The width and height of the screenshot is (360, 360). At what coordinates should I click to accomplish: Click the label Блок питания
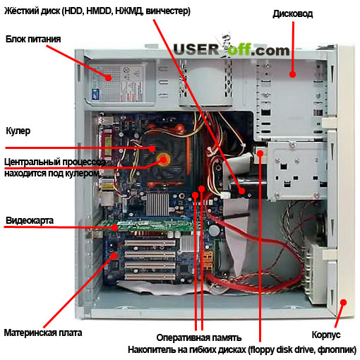click(x=33, y=39)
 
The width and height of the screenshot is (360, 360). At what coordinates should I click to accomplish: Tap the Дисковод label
click(x=293, y=14)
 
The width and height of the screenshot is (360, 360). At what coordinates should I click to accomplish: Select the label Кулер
click(x=18, y=131)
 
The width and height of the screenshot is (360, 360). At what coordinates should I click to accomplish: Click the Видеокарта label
click(x=30, y=220)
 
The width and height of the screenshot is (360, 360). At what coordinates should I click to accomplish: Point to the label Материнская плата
click(x=43, y=332)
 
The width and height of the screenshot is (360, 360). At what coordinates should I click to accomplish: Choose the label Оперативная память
click(x=199, y=337)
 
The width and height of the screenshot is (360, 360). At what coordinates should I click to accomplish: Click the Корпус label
click(x=326, y=335)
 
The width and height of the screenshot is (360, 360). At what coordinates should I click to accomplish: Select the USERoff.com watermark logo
click(x=232, y=49)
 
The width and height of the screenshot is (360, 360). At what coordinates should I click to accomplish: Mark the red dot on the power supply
click(x=108, y=78)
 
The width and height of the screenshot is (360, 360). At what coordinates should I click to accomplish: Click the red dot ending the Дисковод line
click(x=292, y=74)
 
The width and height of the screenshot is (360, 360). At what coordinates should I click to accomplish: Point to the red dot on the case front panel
click(x=344, y=302)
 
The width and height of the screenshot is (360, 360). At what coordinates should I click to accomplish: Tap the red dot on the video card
click(x=114, y=227)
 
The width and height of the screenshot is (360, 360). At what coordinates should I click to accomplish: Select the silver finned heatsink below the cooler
click(x=157, y=204)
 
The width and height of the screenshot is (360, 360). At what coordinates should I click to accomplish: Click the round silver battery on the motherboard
click(x=214, y=230)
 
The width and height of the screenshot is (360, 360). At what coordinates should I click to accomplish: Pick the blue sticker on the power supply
click(x=95, y=94)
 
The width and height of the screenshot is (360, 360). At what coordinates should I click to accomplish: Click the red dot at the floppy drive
click(x=260, y=154)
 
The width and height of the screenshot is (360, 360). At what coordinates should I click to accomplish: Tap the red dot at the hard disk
click(x=241, y=191)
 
